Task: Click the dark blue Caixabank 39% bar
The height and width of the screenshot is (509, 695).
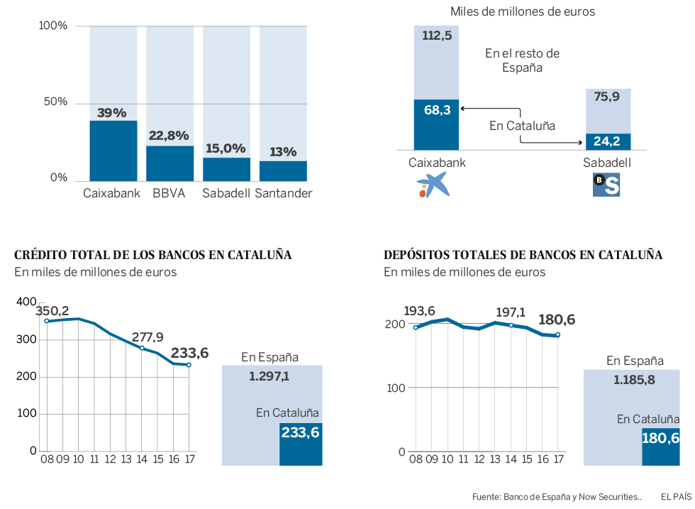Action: tap(113, 150)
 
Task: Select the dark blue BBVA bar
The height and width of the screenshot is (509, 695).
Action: tap(170, 163)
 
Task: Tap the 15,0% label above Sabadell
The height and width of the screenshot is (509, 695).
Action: tap(226, 148)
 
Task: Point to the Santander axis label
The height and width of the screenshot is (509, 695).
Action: tap(284, 194)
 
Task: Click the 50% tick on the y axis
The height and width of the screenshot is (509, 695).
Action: tap(54, 102)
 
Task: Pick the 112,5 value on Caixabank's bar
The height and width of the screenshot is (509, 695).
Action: tap(437, 36)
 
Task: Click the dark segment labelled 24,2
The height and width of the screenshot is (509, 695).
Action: tap(608, 141)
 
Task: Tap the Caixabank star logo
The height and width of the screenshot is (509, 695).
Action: tap(433, 185)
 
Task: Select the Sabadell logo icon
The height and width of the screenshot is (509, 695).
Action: tap(606, 185)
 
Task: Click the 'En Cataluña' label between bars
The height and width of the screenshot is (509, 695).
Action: tap(522, 126)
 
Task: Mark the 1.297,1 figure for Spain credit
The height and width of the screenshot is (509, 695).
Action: tap(269, 376)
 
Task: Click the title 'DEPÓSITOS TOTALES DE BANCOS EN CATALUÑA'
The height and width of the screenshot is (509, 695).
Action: tap(523, 255)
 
